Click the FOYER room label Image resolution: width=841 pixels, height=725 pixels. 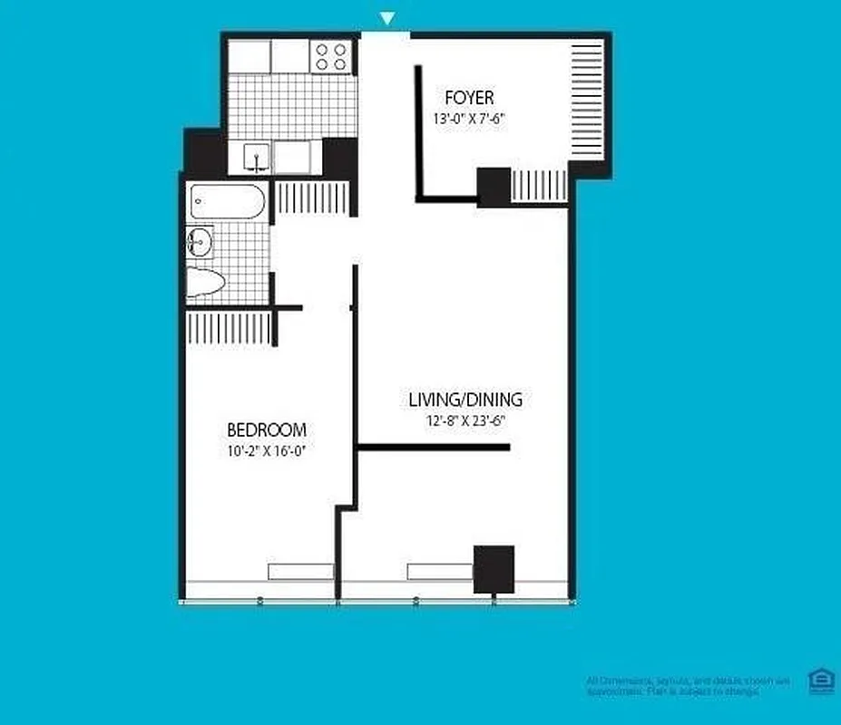(x=469, y=98)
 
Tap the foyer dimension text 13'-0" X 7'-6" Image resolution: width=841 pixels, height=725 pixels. (x=468, y=118)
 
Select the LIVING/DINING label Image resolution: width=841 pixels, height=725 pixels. (x=465, y=400)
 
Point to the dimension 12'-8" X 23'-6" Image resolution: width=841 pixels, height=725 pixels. (x=465, y=420)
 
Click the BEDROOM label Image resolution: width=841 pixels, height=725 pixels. (x=266, y=430)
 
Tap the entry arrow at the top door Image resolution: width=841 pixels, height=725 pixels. (x=387, y=18)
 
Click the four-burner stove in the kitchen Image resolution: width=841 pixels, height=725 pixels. (x=330, y=57)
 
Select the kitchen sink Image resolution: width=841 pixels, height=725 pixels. (x=258, y=158)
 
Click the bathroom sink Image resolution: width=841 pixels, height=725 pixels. (x=200, y=241)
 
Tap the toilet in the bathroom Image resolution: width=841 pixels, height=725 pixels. (x=206, y=284)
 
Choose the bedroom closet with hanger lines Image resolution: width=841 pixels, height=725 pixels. (x=229, y=328)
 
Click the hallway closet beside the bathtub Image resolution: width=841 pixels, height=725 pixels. (x=311, y=198)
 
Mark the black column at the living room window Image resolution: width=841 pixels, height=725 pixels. (x=494, y=568)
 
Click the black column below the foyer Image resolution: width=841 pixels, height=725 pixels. (x=494, y=188)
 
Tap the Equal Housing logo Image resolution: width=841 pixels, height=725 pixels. (x=820, y=681)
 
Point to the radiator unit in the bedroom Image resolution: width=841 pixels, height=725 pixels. (x=300, y=571)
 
